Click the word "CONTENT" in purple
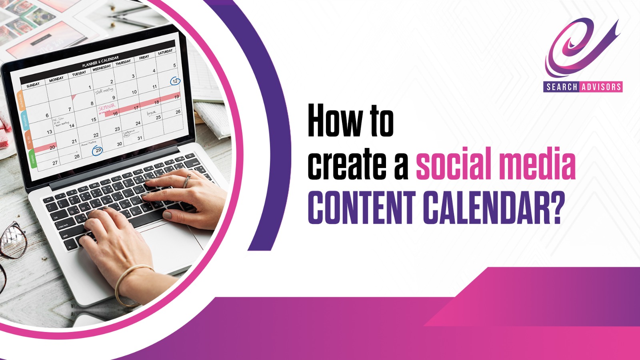click(362, 208)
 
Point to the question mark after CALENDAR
click(555, 208)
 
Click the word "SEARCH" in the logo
click(562, 87)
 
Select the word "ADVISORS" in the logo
click(601, 87)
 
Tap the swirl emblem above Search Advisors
click(580, 48)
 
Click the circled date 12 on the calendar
click(175, 81)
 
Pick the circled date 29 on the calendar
click(98, 150)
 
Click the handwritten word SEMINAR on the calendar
click(107, 107)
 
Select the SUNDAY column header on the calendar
click(33, 85)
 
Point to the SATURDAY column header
click(165, 52)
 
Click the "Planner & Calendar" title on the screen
click(100, 62)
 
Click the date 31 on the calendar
click(140, 138)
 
